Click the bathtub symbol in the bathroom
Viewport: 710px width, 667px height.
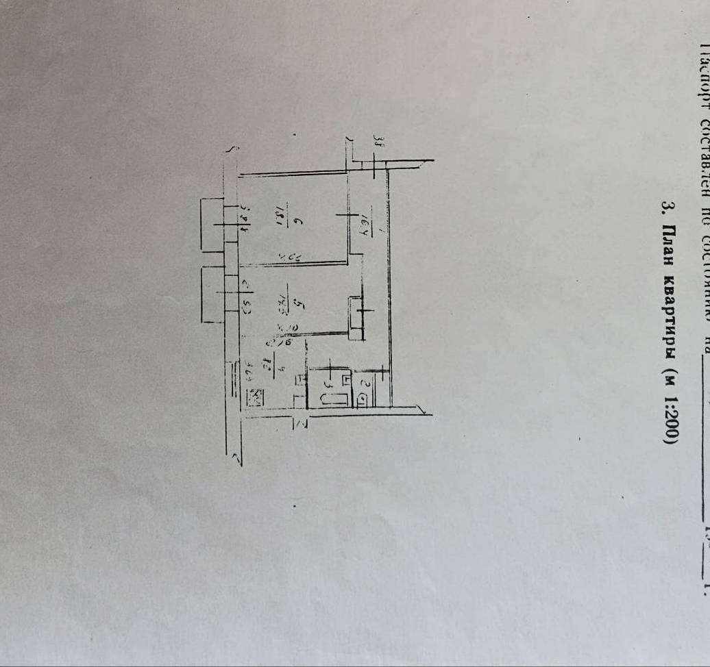[334, 398]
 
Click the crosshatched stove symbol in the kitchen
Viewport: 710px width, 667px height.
[255, 397]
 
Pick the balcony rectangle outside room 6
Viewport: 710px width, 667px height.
[212, 224]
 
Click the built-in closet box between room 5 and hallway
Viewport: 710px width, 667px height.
[356, 318]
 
